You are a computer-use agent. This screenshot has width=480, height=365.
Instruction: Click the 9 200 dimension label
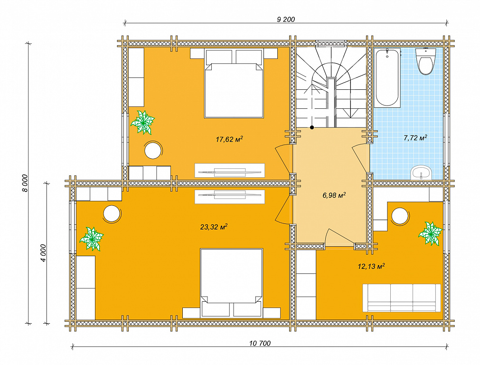(286, 19)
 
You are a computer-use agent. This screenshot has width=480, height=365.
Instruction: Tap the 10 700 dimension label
(260, 343)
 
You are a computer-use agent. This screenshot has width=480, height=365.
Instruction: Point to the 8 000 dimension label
(25, 183)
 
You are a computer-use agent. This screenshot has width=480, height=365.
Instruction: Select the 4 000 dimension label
(43, 253)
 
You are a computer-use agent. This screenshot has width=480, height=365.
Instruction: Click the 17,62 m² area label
(229, 139)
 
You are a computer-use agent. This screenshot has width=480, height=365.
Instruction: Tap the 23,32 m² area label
(214, 227)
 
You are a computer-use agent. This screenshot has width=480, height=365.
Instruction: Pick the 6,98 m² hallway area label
(334, 195)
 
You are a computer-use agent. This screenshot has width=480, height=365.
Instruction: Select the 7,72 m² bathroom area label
(415, 138)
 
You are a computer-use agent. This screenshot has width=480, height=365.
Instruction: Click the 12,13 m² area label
(371, 266)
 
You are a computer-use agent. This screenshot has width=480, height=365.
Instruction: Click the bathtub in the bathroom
(387, 78)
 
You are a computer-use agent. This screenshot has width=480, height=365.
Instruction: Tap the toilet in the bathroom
(426, 61)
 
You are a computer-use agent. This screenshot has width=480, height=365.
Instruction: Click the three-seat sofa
(402, 298)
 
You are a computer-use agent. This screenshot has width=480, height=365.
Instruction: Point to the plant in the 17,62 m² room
(142, 123)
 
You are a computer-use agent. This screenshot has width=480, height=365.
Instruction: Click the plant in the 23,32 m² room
(92, 239)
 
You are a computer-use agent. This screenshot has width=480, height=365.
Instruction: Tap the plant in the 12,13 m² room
(431, 233)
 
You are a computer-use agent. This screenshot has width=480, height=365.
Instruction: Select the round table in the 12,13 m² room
(400, 216)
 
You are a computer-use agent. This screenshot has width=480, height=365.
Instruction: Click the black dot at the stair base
(311, 127)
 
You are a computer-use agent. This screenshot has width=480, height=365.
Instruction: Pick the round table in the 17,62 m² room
(153, 150)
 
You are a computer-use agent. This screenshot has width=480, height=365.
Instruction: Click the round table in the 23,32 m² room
(112, 213)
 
